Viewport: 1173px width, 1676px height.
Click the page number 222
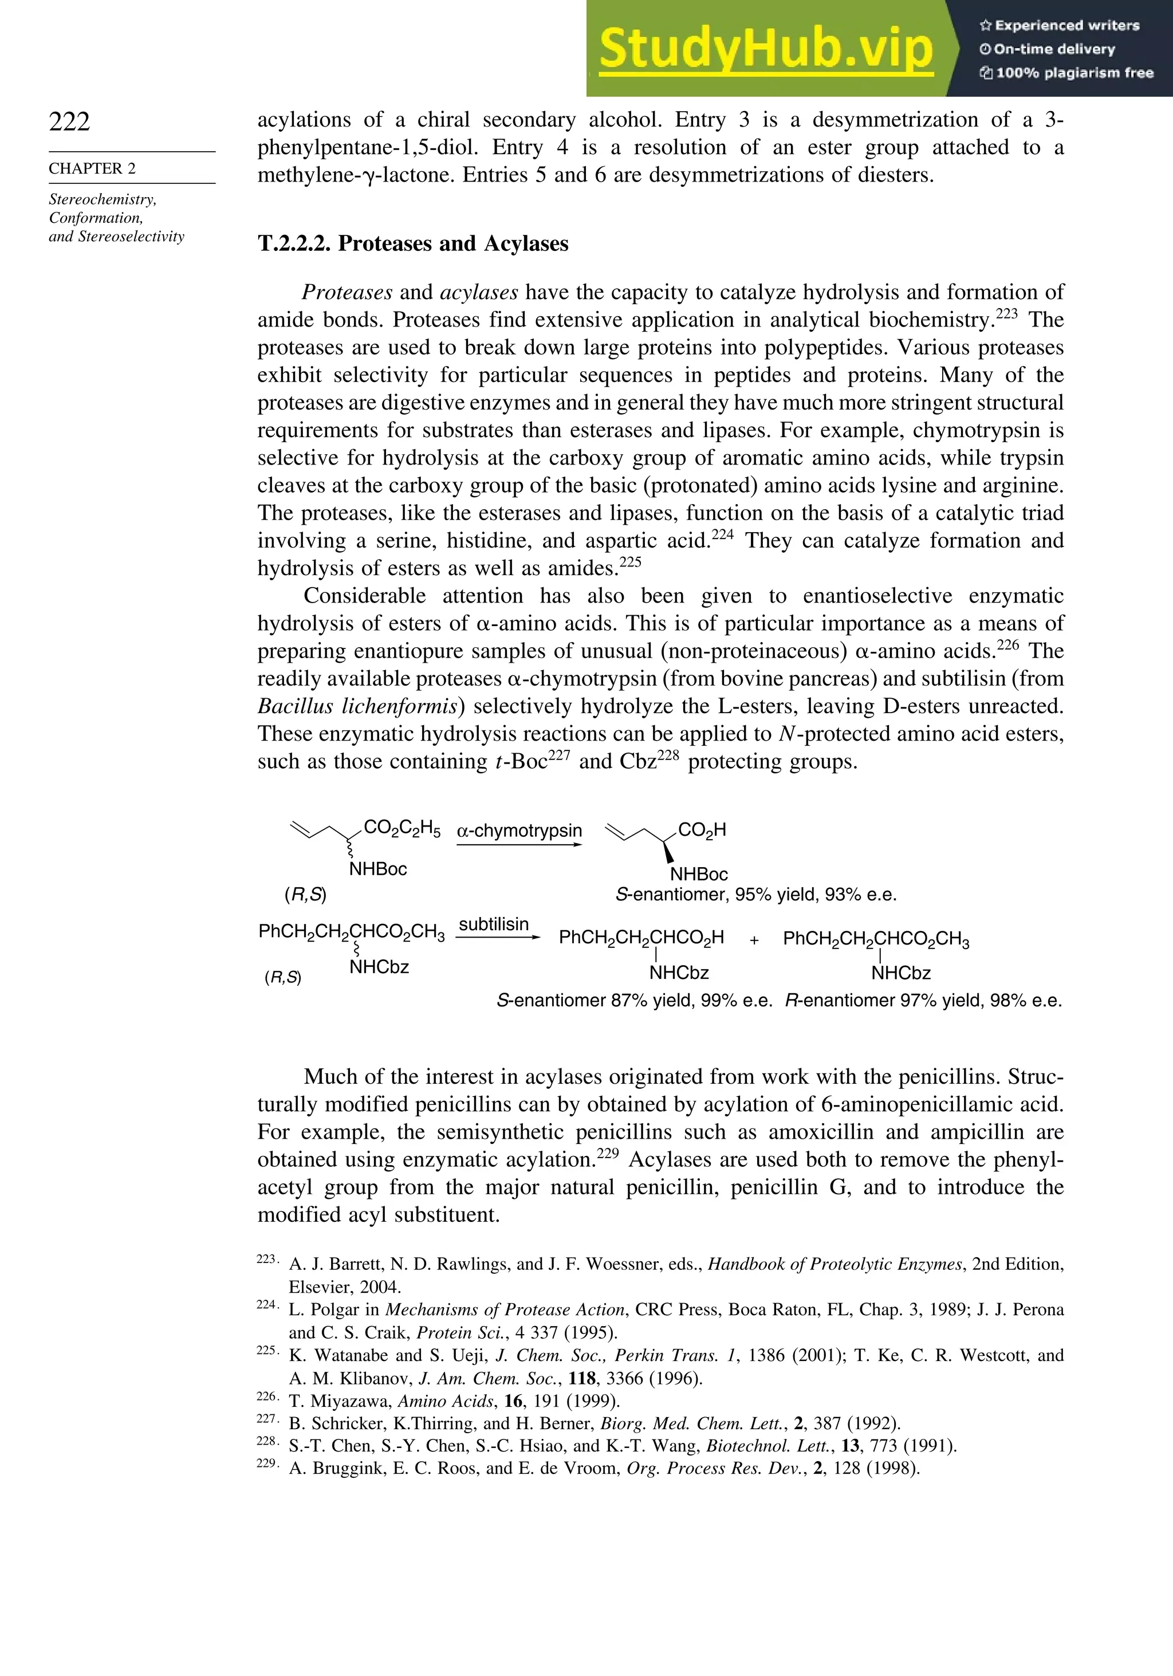(69, 121)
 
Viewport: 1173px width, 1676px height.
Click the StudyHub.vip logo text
(766, 50)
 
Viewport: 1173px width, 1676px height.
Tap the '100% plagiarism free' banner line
(1066, 73)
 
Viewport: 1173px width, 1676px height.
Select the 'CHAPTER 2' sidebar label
(92, 168)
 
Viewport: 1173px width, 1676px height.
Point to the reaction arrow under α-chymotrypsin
(519, 844)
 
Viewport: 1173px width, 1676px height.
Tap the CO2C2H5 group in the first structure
(402, 828)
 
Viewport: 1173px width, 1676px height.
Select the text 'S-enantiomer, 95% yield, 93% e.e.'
(755, 895)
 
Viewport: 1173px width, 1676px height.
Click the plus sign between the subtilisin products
(754, 940)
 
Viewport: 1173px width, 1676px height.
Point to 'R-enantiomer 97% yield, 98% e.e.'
(923, 1001)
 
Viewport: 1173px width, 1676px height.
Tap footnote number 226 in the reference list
(266, 1396)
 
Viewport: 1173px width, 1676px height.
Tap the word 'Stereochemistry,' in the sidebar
(102, 199)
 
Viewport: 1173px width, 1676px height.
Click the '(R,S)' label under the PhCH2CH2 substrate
(282, 977)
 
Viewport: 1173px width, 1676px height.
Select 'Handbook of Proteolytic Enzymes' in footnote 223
(835, 1264)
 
